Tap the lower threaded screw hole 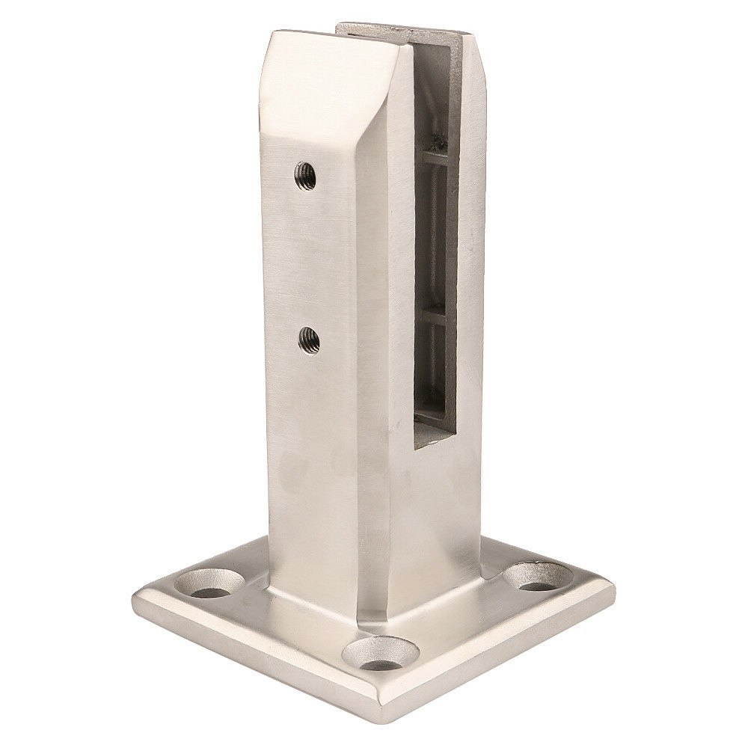306,340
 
